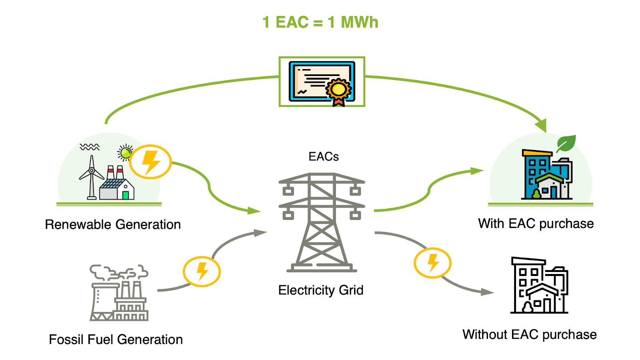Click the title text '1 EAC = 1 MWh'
click(x=320, y=22)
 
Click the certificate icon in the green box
click(x=322, y=82)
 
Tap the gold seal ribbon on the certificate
click(x=339, y=90)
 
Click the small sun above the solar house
click(x=126, y=152)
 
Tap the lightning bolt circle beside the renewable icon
click(x=150, y=162)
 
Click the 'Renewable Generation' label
click(x=113, y=224)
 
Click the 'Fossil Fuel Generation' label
click(x=116, y=340)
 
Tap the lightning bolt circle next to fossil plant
click(x=202, y=271)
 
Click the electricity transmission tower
click(x=322, y=222)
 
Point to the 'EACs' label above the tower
click(x=324, y=156)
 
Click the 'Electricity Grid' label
click(x=321, y=290)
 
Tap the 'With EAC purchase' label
click(x=536, y=224)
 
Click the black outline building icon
click(x=539, y=286)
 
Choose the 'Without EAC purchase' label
click(x=530, y=334)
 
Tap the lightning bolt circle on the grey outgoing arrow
click(x=432, y=263)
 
